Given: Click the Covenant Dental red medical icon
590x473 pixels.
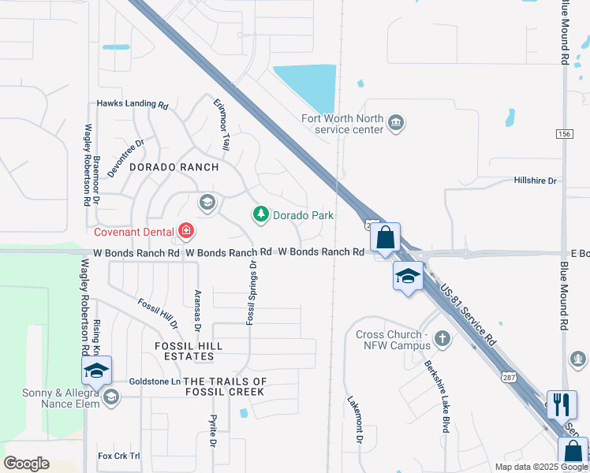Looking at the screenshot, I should [186, 231].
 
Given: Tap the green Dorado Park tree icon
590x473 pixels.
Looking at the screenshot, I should [260, 214].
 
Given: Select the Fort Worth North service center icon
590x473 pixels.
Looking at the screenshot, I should [396, 122].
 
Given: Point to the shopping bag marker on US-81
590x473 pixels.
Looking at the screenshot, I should [385, 237].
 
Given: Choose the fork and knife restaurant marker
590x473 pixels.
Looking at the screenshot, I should [561, 404].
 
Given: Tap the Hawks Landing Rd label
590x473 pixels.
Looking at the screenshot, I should [133, 104].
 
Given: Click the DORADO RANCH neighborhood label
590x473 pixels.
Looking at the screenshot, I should [174, 167].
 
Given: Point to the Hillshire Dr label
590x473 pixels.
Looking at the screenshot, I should [535, 181].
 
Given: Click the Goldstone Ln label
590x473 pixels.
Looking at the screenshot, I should [155, 381].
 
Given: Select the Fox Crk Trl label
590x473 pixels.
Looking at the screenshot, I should [118, 456].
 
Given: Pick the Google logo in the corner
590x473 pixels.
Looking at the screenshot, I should [26, 464].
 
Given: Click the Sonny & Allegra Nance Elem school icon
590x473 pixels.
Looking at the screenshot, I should [111, 397].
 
